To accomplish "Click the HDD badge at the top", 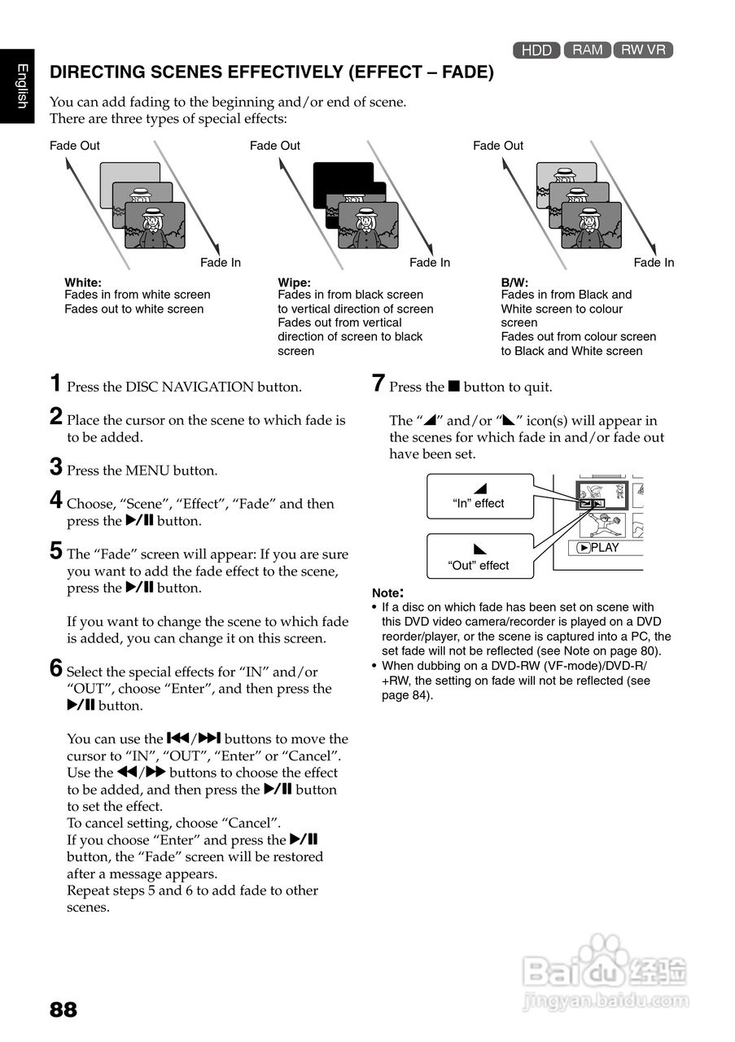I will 536,50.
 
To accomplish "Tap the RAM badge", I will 588,50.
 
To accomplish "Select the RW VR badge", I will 643,50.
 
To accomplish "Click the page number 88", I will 63,1009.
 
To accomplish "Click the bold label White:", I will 83,282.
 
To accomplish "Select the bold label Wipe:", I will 295,282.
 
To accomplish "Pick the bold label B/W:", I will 515,282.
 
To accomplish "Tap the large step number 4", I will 56,500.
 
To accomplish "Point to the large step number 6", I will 56,668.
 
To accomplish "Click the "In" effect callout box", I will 479,497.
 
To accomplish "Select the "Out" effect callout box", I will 479,556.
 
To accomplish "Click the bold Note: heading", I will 387,593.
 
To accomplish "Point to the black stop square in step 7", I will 454,386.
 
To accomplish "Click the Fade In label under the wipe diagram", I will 430,262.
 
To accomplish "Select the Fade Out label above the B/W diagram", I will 498,146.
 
